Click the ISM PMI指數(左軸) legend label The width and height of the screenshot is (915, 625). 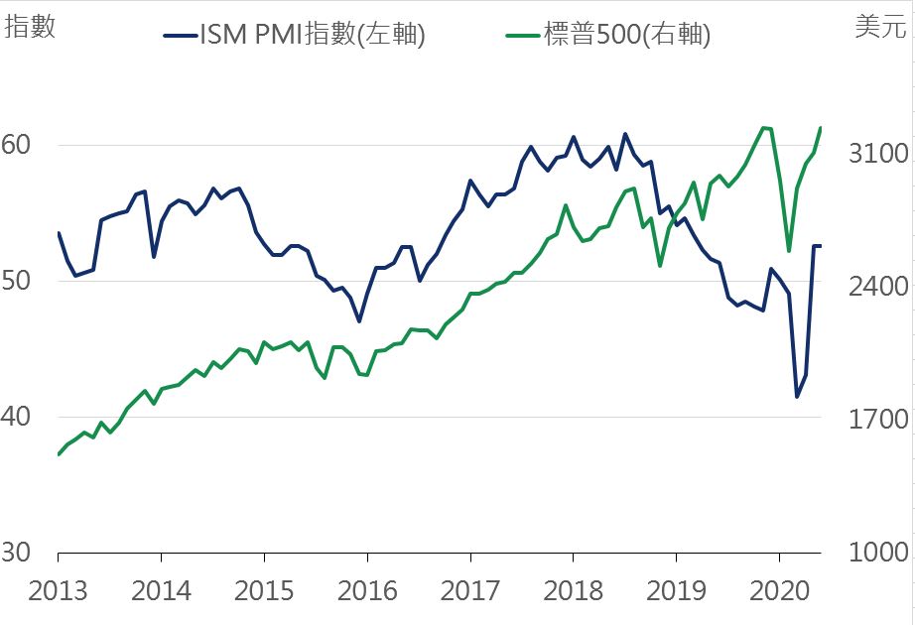[313, 35]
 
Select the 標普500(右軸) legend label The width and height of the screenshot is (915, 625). [627, 35]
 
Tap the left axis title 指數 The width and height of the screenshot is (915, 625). [30, 27]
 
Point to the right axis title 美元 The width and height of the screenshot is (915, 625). [879, 27]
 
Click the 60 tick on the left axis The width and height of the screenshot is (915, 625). [17, 145]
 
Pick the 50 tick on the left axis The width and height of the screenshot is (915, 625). [17, 281]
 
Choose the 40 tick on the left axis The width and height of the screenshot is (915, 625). [17, 417]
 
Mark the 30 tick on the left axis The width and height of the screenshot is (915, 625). [17, 553]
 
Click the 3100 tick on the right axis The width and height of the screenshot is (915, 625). [879, 153]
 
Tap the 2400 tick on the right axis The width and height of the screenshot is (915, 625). [879, 286]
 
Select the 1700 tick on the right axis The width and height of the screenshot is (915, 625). [879, 419]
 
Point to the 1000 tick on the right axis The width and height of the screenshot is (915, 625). [879, 553]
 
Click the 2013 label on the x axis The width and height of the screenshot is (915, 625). [58, 591]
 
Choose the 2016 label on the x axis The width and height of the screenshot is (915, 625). [367, 591]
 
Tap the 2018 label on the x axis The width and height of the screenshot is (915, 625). [573, 591]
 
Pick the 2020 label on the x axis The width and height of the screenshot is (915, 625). [778, 591]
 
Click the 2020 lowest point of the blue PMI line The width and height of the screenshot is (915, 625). [797, 397]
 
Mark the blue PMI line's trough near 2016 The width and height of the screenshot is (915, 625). [359, 321]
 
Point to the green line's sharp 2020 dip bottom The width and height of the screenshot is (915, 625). [789, 251]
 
